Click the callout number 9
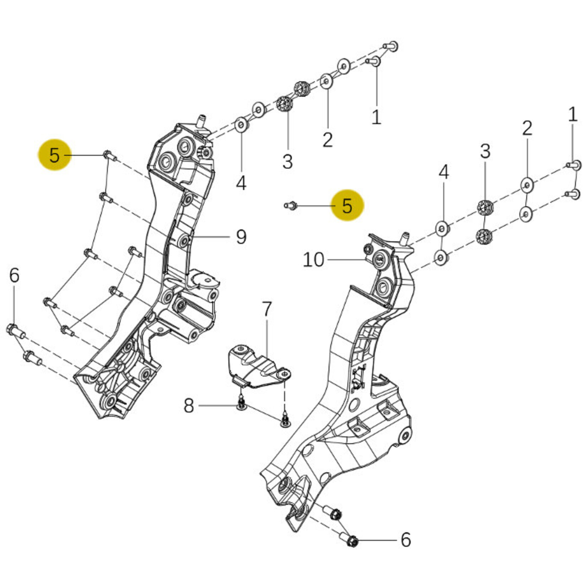[241, 237]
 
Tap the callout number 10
[313, 260]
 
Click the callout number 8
[189, 405]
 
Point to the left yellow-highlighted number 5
[54, 155]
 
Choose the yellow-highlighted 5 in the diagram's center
[347, 205]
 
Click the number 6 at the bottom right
[405, 539]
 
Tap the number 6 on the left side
[14, 275]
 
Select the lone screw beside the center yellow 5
[290, 205]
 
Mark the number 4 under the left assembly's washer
[241, 183]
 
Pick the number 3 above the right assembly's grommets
[485, 151]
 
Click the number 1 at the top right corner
[572, 114]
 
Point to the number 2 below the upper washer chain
[327, 140]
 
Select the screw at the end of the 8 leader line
[241, 405]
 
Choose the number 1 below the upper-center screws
[376, 117]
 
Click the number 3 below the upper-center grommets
[287, 162]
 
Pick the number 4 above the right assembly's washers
[443, 172]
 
